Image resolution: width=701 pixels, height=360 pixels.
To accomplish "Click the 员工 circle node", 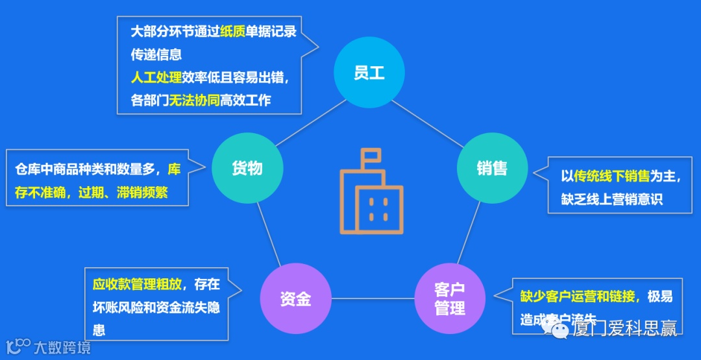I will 369,73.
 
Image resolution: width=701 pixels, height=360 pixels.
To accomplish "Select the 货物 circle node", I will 247,169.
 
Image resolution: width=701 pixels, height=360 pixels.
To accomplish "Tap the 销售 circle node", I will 491,169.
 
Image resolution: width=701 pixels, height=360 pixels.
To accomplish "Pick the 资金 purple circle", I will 295,298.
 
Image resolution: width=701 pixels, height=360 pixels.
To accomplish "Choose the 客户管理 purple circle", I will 450,298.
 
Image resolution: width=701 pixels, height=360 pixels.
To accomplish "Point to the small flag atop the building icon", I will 373,156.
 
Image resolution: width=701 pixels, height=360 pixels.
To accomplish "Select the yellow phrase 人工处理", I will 156,78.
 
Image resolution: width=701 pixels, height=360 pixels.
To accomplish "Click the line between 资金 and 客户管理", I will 373,299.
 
